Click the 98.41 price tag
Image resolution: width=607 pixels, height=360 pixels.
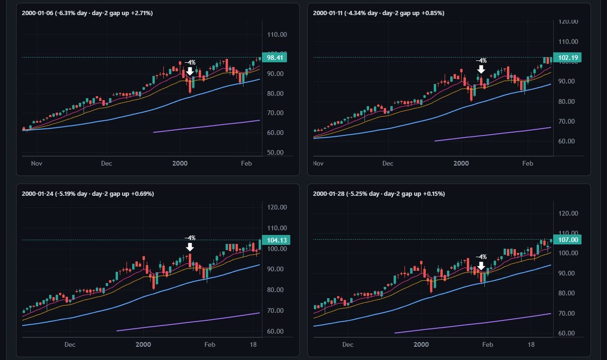click(x=275, y=58)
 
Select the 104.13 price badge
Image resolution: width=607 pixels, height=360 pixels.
click(x=276, y=240)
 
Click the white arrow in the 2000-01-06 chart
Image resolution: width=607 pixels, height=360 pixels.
click(x=190, y=71)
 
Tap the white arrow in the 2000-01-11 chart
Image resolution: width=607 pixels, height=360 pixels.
click(x=481, y=69)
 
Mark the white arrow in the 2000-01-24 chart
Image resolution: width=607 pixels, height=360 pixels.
click(x=190, y=247)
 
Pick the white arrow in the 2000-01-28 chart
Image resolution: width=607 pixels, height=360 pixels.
click(x=481, y=266)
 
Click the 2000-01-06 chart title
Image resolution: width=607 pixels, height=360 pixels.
click(x=87, y=13)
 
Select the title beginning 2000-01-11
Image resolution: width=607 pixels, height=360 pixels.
click(x=379, y=13)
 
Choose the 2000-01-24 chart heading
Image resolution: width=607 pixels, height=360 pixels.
click(x=88, y=193)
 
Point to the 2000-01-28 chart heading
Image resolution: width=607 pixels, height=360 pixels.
click(x=379, y=193)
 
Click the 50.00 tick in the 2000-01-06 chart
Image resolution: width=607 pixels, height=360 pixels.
click(x=275, y=152)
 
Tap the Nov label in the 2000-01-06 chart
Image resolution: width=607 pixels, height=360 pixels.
click(x=37, y=163)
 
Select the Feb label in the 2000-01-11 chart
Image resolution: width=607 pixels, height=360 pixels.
click(x=528, y=163)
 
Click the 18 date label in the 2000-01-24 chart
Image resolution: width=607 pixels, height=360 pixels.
click(x=253, y=344)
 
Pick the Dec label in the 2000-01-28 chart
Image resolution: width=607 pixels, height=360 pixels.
click(x=348, y=344)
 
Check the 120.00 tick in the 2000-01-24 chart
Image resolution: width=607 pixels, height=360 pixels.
click(x=277, y=207)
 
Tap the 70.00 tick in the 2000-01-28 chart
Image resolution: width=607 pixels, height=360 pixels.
click(x=566, y=313)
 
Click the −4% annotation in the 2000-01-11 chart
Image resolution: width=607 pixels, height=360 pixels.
click(x=481, y=61)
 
